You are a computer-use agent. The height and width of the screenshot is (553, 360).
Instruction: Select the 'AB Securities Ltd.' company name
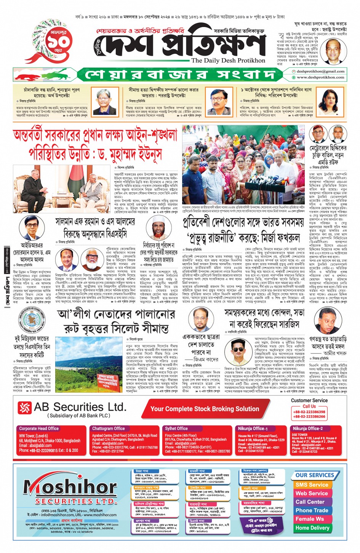(80, 407)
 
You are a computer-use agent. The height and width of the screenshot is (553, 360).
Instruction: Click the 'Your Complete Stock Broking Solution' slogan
(205, 409)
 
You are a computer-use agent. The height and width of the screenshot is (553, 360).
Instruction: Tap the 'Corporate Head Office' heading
(39, 428)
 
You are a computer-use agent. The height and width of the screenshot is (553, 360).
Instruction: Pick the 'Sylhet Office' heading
(176, 428)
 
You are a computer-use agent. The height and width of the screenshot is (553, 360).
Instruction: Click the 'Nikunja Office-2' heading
(307, 428)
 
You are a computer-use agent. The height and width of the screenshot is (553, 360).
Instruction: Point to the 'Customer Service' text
(309, 400)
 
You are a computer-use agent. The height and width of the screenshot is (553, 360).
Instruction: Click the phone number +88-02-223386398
(309, 412)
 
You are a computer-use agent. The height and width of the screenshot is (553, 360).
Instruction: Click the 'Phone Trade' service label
(312, 510)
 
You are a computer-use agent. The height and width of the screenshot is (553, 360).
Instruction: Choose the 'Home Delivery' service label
(312, 528)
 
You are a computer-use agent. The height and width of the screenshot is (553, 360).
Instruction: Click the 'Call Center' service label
(310, 502)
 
